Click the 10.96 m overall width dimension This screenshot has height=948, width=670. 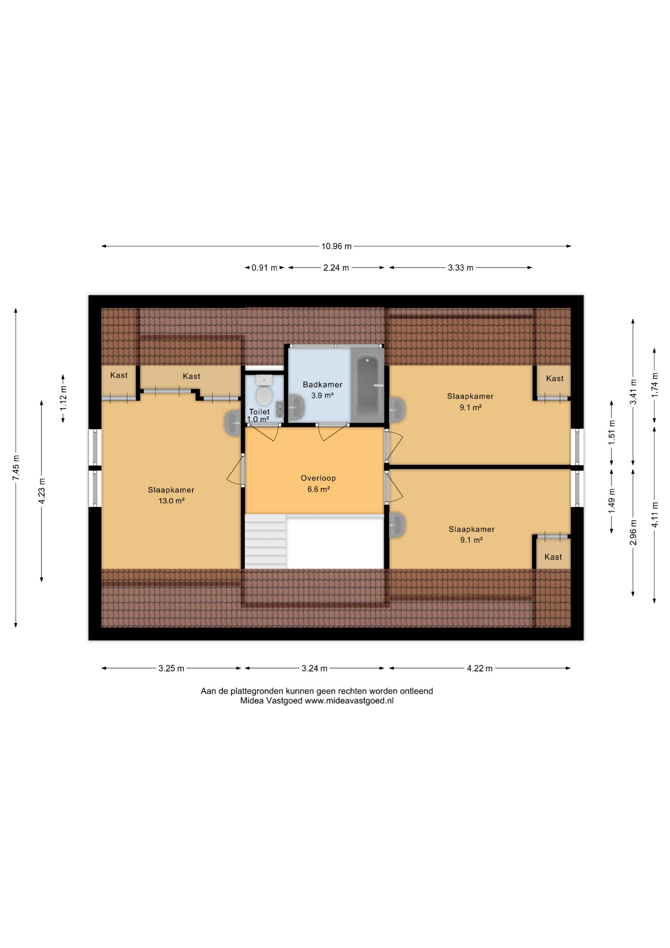click(x=336, y=246)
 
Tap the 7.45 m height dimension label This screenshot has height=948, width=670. click(x=16, y=468)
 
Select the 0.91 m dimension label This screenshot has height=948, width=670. click(x=264, y=268)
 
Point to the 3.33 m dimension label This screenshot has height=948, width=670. click(x=460, y=268)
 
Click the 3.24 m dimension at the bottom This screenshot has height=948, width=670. click(x=314, y=668)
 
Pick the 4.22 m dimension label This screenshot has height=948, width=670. click(x=480, y=668)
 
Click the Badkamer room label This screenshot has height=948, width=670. click(x=322, y=384)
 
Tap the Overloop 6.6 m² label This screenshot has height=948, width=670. click(x=318, y=483)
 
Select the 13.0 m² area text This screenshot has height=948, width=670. click(x=171, y=501)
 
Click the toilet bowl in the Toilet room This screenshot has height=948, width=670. click(x=264, y=392)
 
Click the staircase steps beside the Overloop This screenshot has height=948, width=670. click(x=265, y=541)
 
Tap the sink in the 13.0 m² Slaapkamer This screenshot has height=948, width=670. click(x=233, y=423)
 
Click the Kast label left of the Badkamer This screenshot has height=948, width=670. click(x=191, y=376)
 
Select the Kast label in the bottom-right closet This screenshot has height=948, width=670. click(x=553, y=557)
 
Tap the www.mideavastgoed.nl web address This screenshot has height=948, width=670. click(x=349, y=701)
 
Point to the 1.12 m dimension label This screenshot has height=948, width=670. click(x=63, y=398)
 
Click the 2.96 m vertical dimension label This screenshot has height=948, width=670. click(x=633, y=532)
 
